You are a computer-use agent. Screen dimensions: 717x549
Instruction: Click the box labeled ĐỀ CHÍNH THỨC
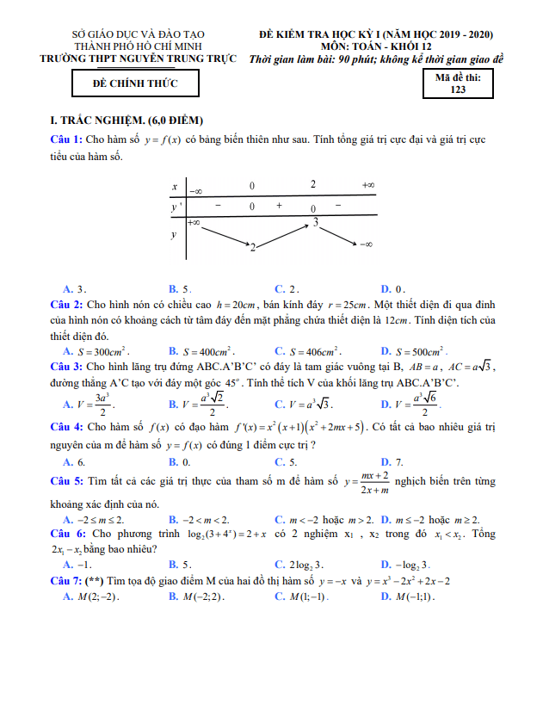pyautogui.click(x=135, y=83)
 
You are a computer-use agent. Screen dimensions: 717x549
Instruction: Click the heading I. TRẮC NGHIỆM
pyautogui.click(x=127, y=120)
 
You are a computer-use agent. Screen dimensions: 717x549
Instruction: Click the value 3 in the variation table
pyautogui.click(x=316, y=222)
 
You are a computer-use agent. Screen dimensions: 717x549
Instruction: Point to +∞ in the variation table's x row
pyautogui.click(x=367, y=185)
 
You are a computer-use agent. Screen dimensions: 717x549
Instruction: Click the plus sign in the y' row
pyautogui.click(x=279, y=207)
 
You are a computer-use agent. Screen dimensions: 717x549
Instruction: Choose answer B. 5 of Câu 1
pyautogui.click(x=180, y=289)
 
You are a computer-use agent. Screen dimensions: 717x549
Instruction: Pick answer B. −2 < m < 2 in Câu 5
pyautogui.click(x=200, y=520)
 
